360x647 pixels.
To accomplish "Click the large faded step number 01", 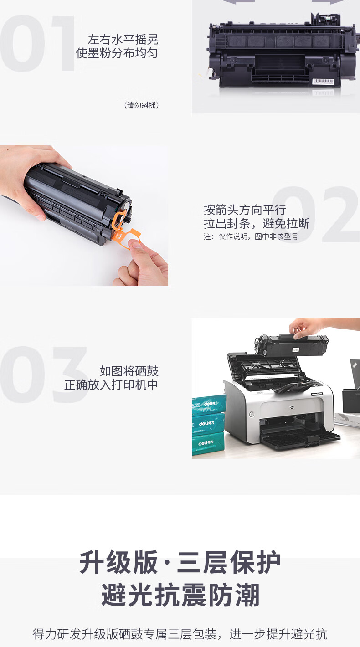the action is [x=37, y=43].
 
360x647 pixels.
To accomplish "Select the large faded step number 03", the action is [x=43, y=375].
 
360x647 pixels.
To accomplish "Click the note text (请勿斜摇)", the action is [x=141, y=105].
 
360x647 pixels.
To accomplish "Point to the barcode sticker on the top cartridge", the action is [x=323, y=82].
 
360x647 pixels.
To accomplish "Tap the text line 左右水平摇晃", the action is [x=123, y=40].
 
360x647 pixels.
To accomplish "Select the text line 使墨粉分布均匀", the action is [x=117, y=53].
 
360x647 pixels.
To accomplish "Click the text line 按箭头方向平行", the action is [x=245, y=210].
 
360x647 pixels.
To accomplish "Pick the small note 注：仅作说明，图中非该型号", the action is [x=251, y=236].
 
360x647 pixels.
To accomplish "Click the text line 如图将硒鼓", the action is [x=129, y=371].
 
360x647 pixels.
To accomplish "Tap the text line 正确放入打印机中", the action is [x=111, y=385].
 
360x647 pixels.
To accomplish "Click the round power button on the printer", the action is [x=252, y=415].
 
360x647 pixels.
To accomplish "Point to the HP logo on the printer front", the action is [x=292, y=407].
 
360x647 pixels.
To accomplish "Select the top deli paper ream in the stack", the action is [x=209, y=405].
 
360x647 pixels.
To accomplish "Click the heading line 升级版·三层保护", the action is [x=180, y=562].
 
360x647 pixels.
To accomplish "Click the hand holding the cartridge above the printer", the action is [x=309, y=328].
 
